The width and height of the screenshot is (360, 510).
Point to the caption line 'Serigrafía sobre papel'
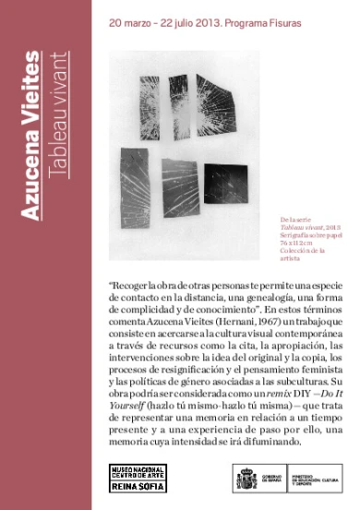pos(311,237)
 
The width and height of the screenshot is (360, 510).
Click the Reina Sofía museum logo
pos(137,480)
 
